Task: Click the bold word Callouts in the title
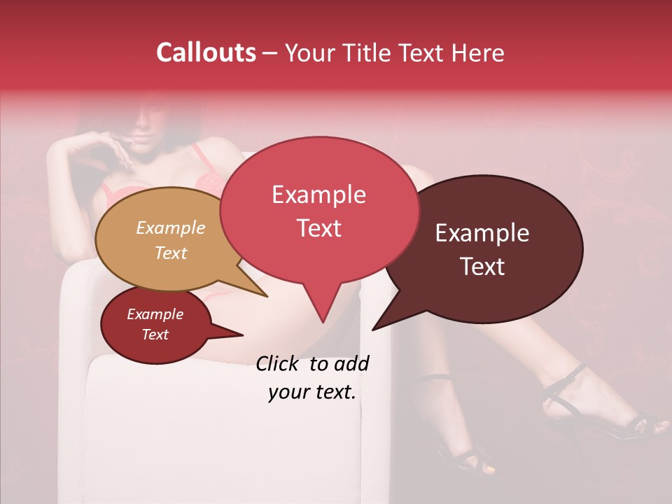tap(206, 52)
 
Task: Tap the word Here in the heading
tap(477, 52)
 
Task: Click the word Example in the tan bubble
tap(171, 228)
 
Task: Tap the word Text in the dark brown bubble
tap(483, 267)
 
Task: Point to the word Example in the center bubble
tap(318, 195)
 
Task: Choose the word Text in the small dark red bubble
tap(155, 335)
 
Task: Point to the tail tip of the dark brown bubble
tap(373, 329)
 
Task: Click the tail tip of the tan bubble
tap(267, 296)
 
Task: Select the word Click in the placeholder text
tap(279, 363)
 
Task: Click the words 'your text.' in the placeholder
tap(312, 392)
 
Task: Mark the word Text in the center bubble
tap(318, 228)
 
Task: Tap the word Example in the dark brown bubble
tap(482, 233)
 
